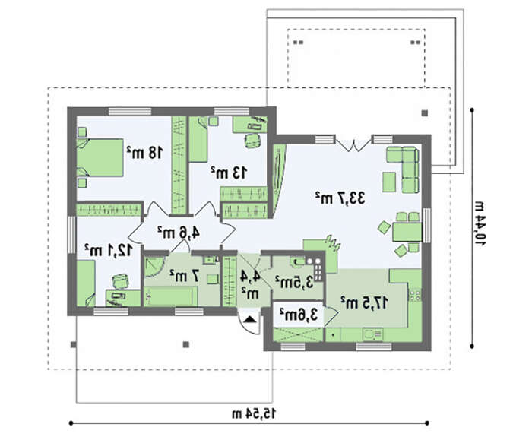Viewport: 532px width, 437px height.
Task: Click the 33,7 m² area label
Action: coord(340,197)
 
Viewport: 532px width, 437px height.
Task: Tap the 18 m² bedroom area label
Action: coord(144,152)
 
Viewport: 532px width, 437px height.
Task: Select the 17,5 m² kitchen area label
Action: coord(364,302)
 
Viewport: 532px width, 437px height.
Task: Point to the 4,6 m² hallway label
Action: coord(179,233)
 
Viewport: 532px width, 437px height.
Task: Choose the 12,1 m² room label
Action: coord(108,250)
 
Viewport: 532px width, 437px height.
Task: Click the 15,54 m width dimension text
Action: coord(254,413)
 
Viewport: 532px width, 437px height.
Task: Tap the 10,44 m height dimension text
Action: coord(480,224)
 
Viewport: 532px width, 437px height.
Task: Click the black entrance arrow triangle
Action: coord(250,320)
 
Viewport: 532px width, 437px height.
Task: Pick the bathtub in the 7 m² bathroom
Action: coord(171,296)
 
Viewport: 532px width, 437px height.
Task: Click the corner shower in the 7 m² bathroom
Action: coord(154,267)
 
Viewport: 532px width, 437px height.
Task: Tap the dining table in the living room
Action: coord(407,232)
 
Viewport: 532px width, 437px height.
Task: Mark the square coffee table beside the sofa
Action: coord(389,182)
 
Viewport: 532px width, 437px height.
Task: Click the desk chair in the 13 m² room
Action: coord(253,140)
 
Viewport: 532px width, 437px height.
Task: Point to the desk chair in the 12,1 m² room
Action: coord(121,282)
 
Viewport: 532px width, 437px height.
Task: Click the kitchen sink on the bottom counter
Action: coord(372,334)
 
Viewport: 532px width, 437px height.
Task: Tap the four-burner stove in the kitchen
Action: coord(415,295)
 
